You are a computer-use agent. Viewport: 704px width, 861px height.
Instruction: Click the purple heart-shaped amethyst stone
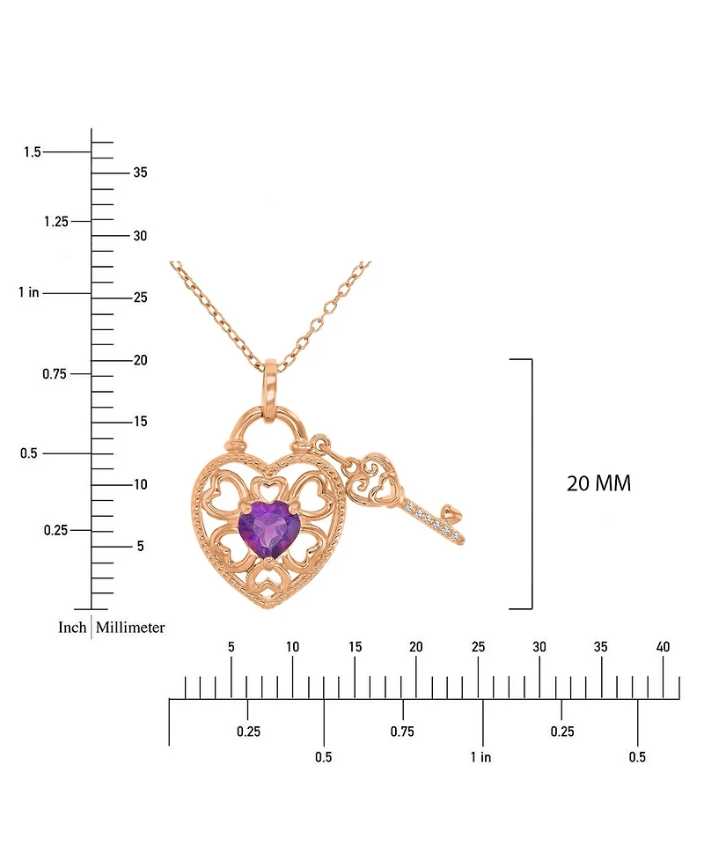coord(264,529)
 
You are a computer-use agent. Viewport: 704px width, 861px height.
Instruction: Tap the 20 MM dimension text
coord(598,483)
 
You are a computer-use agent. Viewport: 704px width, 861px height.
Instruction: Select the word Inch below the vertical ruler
coord(72,628)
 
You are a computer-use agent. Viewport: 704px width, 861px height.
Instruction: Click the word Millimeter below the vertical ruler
coord(130,628)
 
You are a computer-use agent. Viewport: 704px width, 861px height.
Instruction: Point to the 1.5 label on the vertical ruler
coord(33,152)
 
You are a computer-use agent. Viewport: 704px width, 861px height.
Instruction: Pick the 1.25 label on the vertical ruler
coord(55,221)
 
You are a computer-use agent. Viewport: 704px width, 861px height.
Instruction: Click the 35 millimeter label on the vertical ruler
coord(140,173)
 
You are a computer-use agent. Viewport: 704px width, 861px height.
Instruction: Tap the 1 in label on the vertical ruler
coord(28,292)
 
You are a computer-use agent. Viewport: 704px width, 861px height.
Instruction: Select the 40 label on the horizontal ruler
coord(663,647)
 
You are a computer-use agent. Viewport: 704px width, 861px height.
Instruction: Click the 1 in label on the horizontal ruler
coord(480,757)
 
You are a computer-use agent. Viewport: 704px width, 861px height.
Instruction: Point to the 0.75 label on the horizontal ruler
coord(402,732)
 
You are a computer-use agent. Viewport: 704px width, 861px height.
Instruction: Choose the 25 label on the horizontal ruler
coord(478,647)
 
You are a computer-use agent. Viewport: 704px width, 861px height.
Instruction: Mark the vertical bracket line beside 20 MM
coord(532,483)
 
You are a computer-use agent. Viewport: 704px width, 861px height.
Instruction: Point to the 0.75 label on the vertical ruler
coord(55,374)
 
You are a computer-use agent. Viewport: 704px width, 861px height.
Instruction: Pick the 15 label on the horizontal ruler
coord(355,647)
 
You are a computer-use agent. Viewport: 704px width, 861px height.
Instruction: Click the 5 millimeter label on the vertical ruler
coord(140,547)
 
